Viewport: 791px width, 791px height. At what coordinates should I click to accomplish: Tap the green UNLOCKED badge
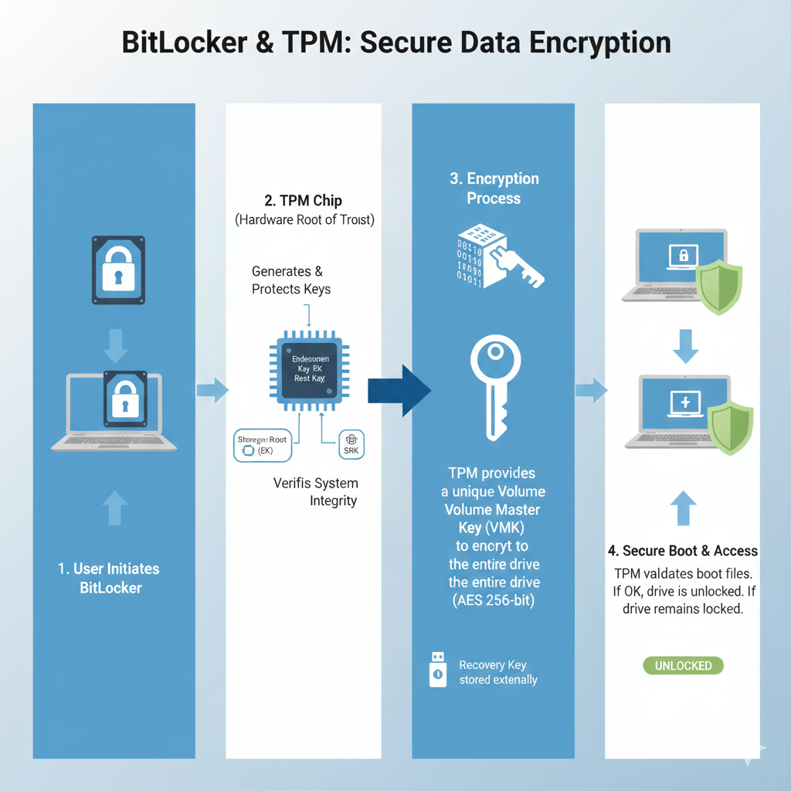(683, 665)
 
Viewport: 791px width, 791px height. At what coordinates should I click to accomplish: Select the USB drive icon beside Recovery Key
(437, 669)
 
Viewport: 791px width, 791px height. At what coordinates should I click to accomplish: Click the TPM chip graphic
(308, 370)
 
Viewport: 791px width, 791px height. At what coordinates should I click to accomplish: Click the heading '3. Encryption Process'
(494, 188)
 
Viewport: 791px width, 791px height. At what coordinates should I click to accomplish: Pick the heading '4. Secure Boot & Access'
(682, 551)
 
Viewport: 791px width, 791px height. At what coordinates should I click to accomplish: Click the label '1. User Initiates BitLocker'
(109, 578)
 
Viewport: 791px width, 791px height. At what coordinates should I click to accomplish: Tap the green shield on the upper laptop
(719, 287)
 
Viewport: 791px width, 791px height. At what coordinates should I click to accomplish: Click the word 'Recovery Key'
(492, 665)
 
